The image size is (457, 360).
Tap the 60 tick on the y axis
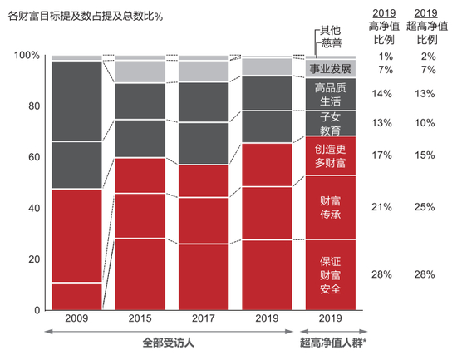point(32,157)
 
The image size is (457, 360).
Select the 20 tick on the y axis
point(32,259)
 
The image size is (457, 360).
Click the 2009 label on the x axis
point(77,318)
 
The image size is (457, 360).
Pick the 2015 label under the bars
point(140,318)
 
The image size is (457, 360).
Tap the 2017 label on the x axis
point(204,318)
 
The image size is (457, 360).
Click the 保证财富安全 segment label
point(330,274)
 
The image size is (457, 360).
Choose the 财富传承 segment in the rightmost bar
point(330,207)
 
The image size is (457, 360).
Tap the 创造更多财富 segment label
point(330,155)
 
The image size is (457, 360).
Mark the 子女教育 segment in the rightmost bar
point(330,123)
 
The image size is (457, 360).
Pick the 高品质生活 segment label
point(330,94)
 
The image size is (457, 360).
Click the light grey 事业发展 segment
point(330,68)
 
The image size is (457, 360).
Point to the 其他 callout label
point(331,32)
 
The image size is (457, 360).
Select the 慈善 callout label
point(331,43)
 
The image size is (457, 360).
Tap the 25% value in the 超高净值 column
point(426,207)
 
